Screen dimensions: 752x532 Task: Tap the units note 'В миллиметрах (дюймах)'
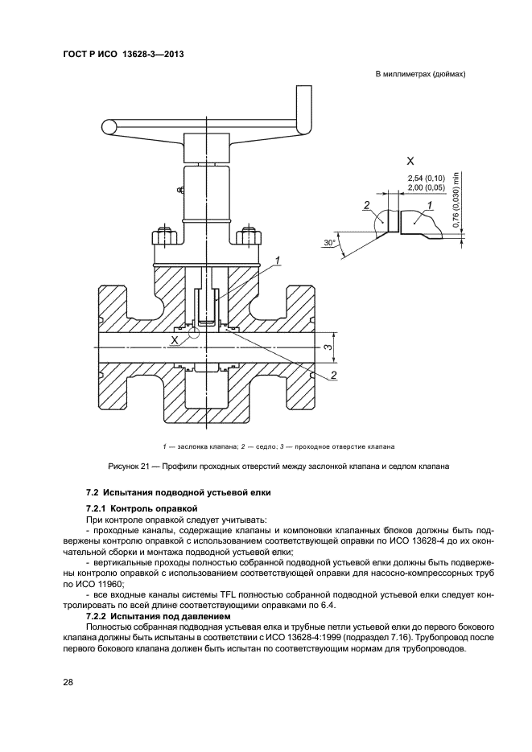pos(421,75)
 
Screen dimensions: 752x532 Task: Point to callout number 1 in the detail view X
pos(431,206)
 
